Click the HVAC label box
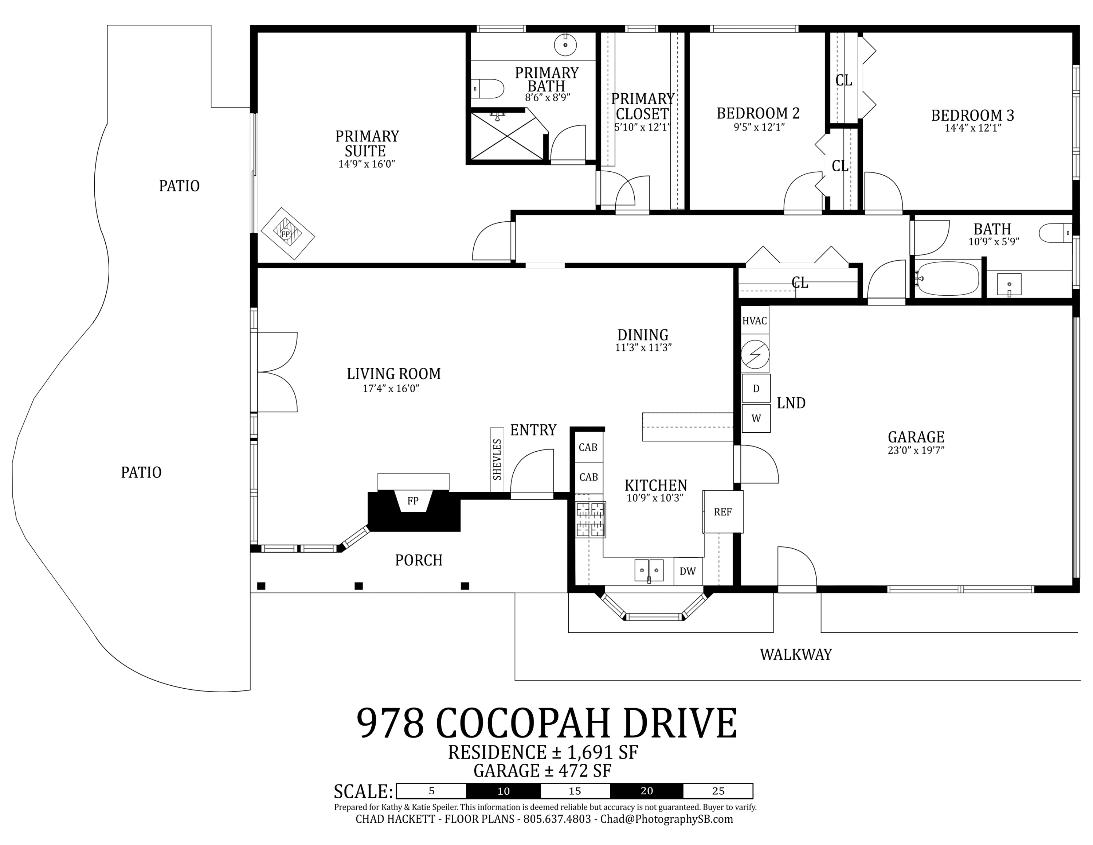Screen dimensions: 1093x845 pyautogui.click(x=755, y=321)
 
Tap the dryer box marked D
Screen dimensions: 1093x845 pyautogui.click(x=756, y=389)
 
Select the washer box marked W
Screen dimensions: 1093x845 pyautogui.click(x=756, y=418)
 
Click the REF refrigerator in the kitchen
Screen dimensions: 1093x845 pyautogui.click(x=723, y=511)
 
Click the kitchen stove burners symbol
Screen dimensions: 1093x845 pyautogui.click(x=591, y=519)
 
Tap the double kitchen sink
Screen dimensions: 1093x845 pyautogui.click(x=649, y=571)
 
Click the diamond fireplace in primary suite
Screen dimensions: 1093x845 pyautogui.click(x=288, y=234)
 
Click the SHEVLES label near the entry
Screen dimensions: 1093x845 pyautogui.click(x=497, y=460)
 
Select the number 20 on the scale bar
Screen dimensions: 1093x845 pyautogui.click(x=647, y=791)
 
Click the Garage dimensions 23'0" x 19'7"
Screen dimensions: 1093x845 pyautogui.click(x=916, y=450)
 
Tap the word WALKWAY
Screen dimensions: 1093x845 pyautogui.click(x=796, y=655)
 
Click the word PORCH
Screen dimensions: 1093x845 pyautogui.click(x=419, y=560)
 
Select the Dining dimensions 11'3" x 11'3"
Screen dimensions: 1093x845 pyautogui.click(x=643, y=347)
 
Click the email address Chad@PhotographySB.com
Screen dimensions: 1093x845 pyautogui.click(x=667, y=819)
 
